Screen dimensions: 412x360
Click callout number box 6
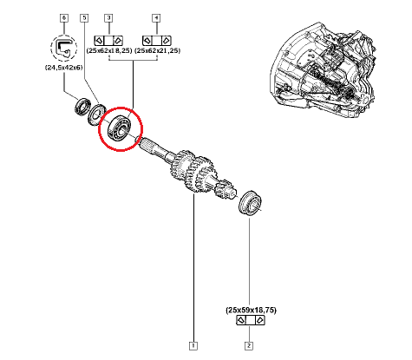coord(64,18)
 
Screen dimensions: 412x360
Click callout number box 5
coord(84,18)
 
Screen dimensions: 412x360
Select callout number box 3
coord(108,18)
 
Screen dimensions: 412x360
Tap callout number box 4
coord(156,18)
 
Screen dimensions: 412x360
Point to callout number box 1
coord(193,346)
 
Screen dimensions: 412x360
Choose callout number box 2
coord(249,346)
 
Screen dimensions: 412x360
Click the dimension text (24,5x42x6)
coord(64,68)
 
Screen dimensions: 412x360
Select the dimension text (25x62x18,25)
coord(109,50)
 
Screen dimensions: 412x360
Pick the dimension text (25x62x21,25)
coord(157,50)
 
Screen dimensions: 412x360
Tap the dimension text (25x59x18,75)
coord(251,311)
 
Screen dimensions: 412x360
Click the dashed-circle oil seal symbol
coord(64,48)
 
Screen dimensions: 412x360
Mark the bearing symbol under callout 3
coord(108,40)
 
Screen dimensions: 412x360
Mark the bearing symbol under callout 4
coord(157,40)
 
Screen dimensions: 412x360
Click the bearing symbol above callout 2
coord(251,320)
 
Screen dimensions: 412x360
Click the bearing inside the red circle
coord(119,128)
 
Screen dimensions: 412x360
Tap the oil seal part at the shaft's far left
coord(82,107)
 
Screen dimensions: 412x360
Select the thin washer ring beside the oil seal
coord(96,115)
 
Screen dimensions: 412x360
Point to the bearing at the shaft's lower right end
coord(251,203)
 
